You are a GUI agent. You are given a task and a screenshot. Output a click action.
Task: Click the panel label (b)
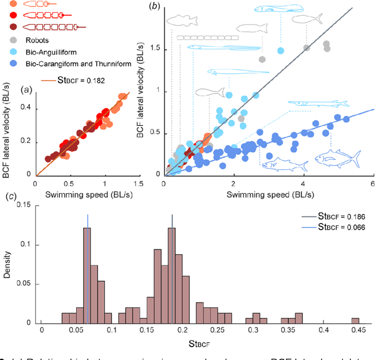154,6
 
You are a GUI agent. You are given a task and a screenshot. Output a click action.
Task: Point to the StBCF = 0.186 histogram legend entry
341,217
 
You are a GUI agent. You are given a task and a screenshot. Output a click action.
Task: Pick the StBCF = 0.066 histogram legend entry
341,228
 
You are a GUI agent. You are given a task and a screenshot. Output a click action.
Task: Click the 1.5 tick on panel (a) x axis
137,183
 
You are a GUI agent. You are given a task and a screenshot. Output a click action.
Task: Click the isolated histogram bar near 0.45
355,320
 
